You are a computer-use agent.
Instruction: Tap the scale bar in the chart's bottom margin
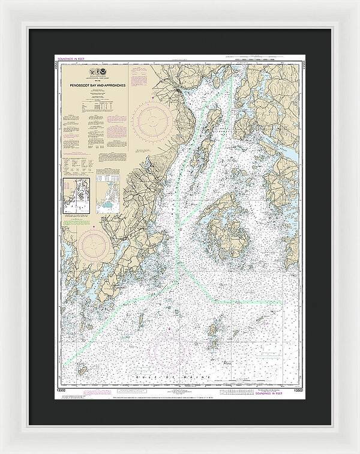tap(240, 392)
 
